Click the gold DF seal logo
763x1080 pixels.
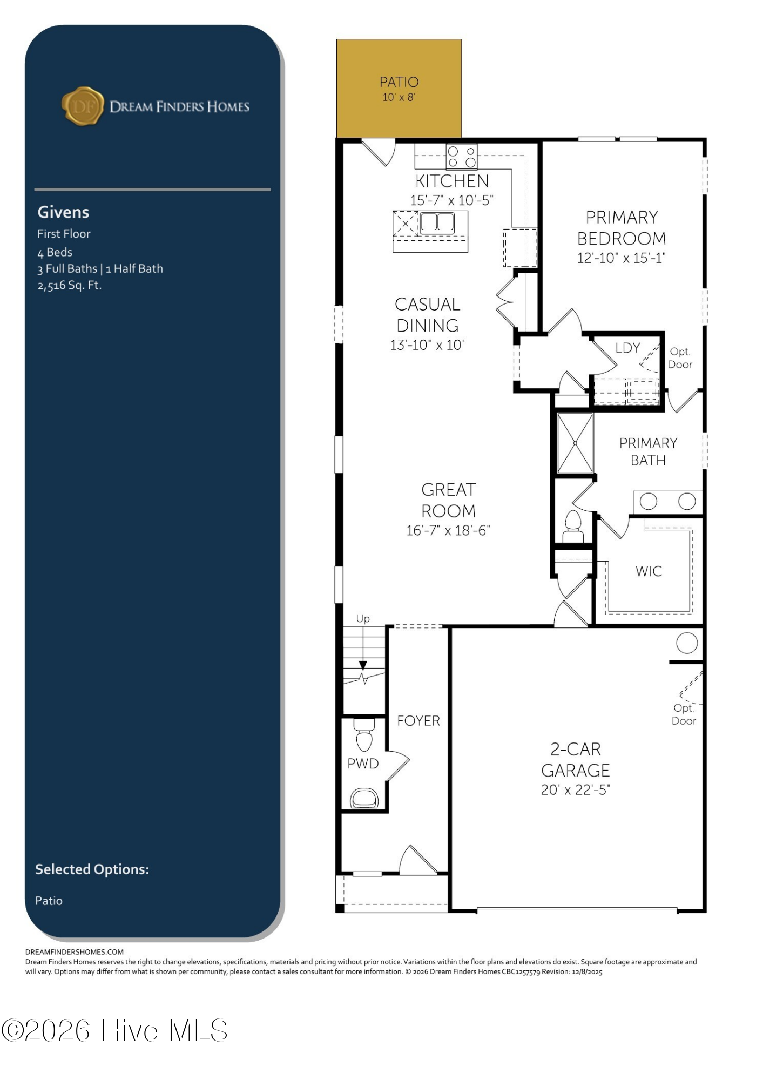point(83,106)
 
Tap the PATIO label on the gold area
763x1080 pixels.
point(399,82)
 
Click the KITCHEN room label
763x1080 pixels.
point(452,181)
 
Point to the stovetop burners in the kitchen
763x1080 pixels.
point(462,157)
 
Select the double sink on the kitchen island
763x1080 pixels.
point(437,221)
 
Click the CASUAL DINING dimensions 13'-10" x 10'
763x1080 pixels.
point(427,345)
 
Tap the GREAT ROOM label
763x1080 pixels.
point(448,500)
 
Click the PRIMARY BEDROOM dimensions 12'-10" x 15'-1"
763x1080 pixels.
point(621,258)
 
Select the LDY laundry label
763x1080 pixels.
point(627,348)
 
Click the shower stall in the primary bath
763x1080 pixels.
point(575,443)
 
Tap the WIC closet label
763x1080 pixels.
point(649,571)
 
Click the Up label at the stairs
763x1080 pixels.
point(363,619)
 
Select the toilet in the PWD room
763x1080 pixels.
point(364,734)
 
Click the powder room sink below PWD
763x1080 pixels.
point(364,798)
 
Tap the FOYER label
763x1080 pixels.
point(418,721)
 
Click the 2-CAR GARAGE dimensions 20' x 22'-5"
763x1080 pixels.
point(576,790)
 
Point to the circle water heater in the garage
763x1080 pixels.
point(687,643)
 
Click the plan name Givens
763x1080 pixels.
point(63,212)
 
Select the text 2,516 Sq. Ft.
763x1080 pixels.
point(69,285)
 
